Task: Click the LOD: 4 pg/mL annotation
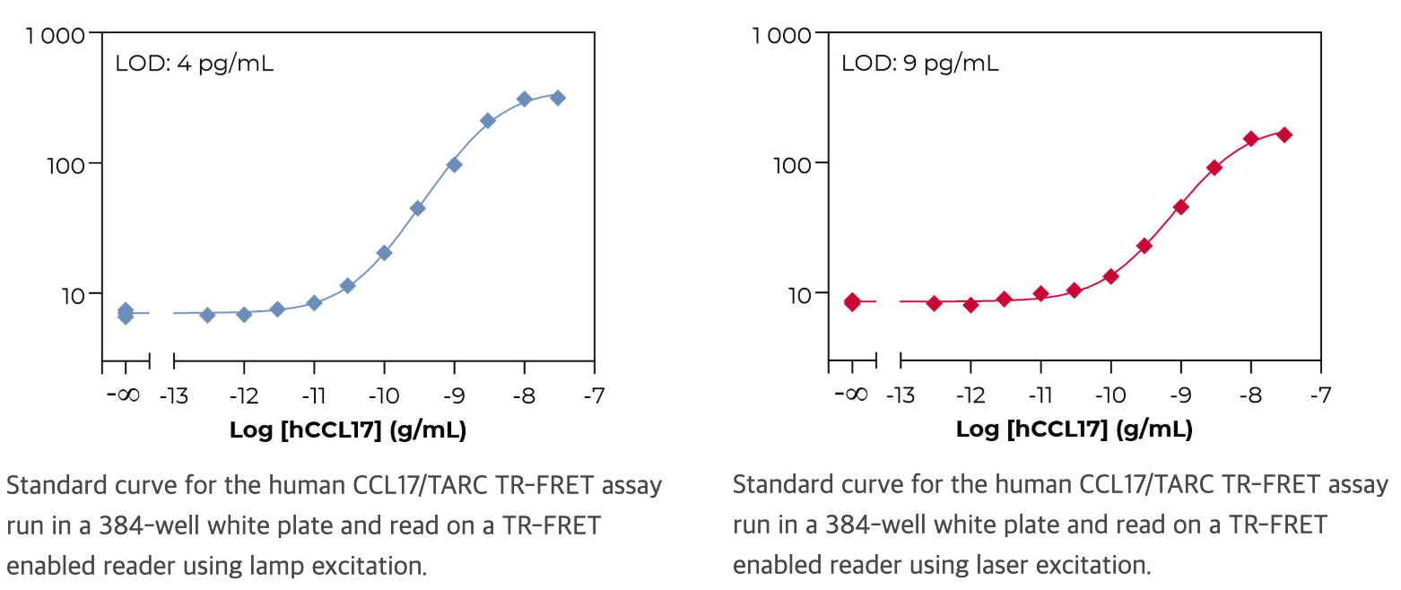point(195,65)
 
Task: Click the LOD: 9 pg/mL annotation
point(919,65)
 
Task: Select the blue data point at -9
point(454,164)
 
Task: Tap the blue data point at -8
point(525,99)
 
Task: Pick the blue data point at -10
point(384,253)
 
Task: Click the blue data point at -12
point(244,314)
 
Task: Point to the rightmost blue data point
point(557,97)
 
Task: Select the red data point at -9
point(1180,206)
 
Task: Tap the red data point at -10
point(1110,276)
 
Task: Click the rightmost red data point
point(1284,134)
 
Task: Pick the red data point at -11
point(1040,293)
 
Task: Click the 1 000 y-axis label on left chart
point(56,36)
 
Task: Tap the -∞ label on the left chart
point(123,395)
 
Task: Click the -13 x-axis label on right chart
point(900,395)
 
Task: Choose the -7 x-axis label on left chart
point(594,395)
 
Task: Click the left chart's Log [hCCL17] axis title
point(348,429)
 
